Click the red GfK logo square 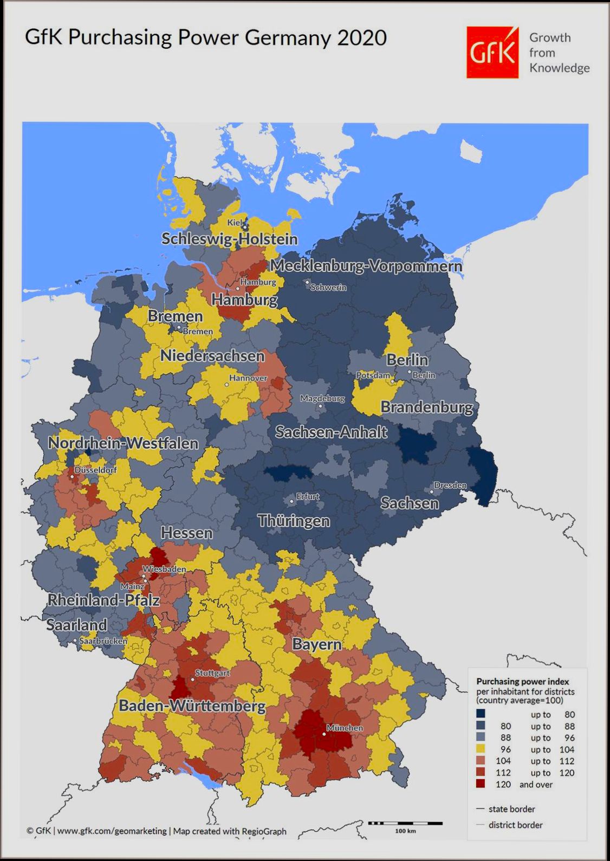tap(492, 53)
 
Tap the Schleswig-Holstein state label tap(230, 239)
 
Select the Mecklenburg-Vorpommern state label tap(366, 266)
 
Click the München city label tap(345, 728)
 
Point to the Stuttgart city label tap(212, 673)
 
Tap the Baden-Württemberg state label tap(192, 706)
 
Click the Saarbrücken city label tap(103, 641)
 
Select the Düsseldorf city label tap(95, 470)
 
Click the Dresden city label tap(450, 485)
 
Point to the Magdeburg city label tap(322, 398)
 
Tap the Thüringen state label tap(294, 521)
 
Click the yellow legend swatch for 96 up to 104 tap(481, 749)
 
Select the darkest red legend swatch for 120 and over tap(481, 784)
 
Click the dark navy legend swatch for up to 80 tap(481, 714)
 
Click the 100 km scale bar tap(405, 824)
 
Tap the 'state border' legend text tap(511, 809)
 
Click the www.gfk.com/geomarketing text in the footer tap(112, 831)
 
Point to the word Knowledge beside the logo tap(559, 68)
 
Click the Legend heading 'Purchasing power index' tap(522, 682)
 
